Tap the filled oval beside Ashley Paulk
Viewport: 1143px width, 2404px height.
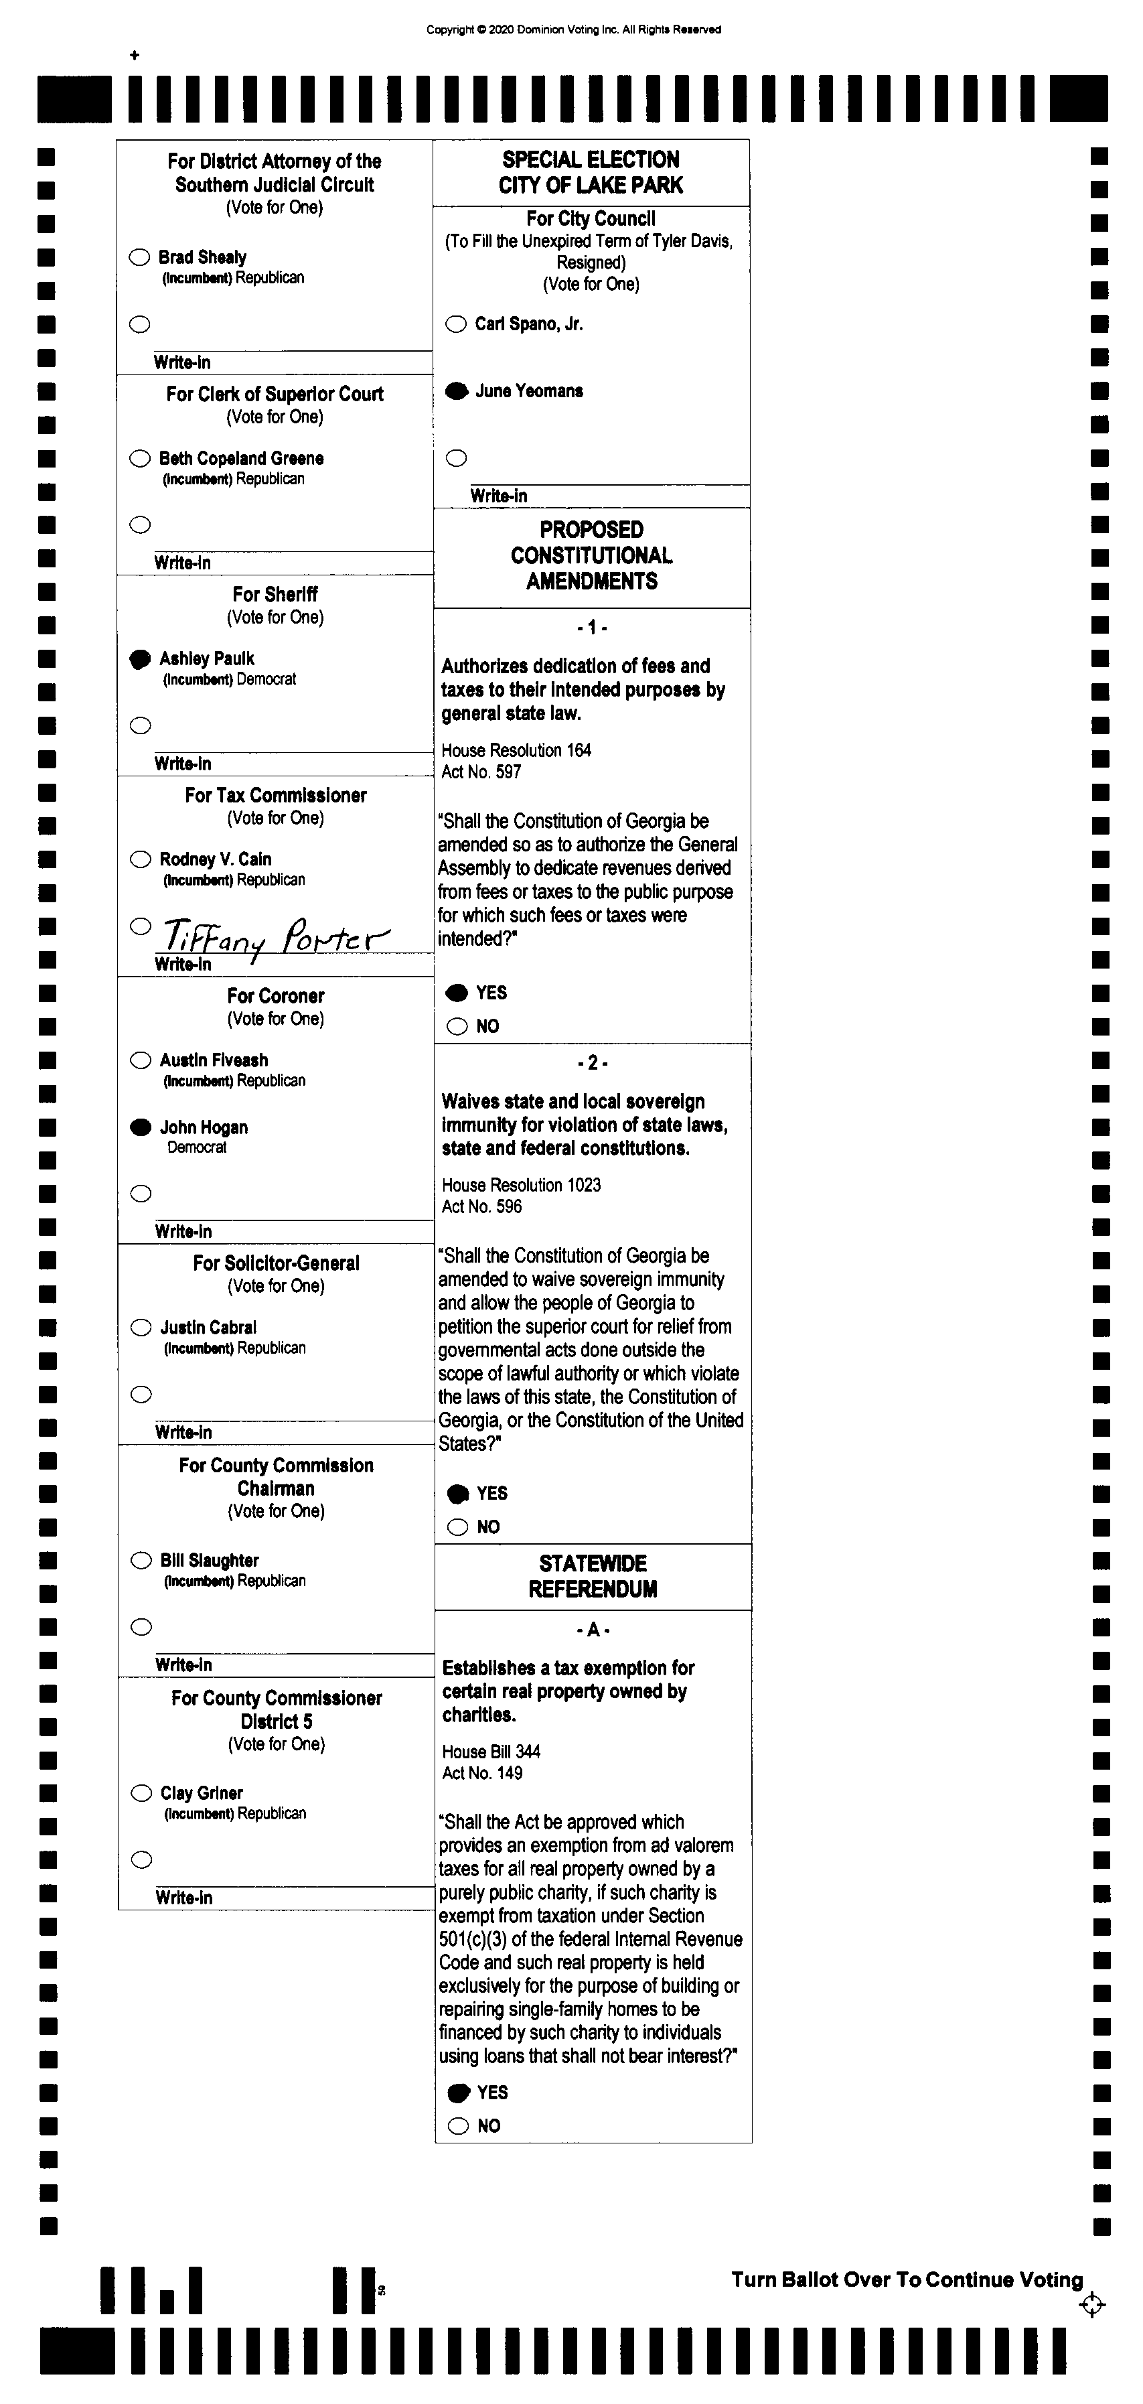[x=140, y=659]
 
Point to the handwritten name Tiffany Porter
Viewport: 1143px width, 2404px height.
[x=275, y=935]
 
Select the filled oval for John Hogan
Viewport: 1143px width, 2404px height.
[x=141, y=1127]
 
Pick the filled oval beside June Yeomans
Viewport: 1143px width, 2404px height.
[x=456, y=391]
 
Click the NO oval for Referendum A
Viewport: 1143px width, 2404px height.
[x=458, y=2126]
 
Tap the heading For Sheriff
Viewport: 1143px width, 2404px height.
[x=275, y=594]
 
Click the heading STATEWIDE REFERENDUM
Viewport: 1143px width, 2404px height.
[x=593, y=1576]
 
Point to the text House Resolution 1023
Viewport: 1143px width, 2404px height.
[x=521, y=1184]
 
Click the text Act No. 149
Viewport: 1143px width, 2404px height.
[x=481, y=1773]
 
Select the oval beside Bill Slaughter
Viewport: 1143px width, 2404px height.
[x=141, y=1561]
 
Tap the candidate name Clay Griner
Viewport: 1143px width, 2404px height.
[x=202, y=1792]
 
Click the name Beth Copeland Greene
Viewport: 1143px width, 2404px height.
[x=241, y=458]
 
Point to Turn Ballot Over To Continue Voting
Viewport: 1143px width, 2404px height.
[x=907, y=2280]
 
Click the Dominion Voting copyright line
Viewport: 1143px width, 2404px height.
[x=573, y=29]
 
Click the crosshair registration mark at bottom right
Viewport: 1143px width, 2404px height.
[x=1091, y=2305]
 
